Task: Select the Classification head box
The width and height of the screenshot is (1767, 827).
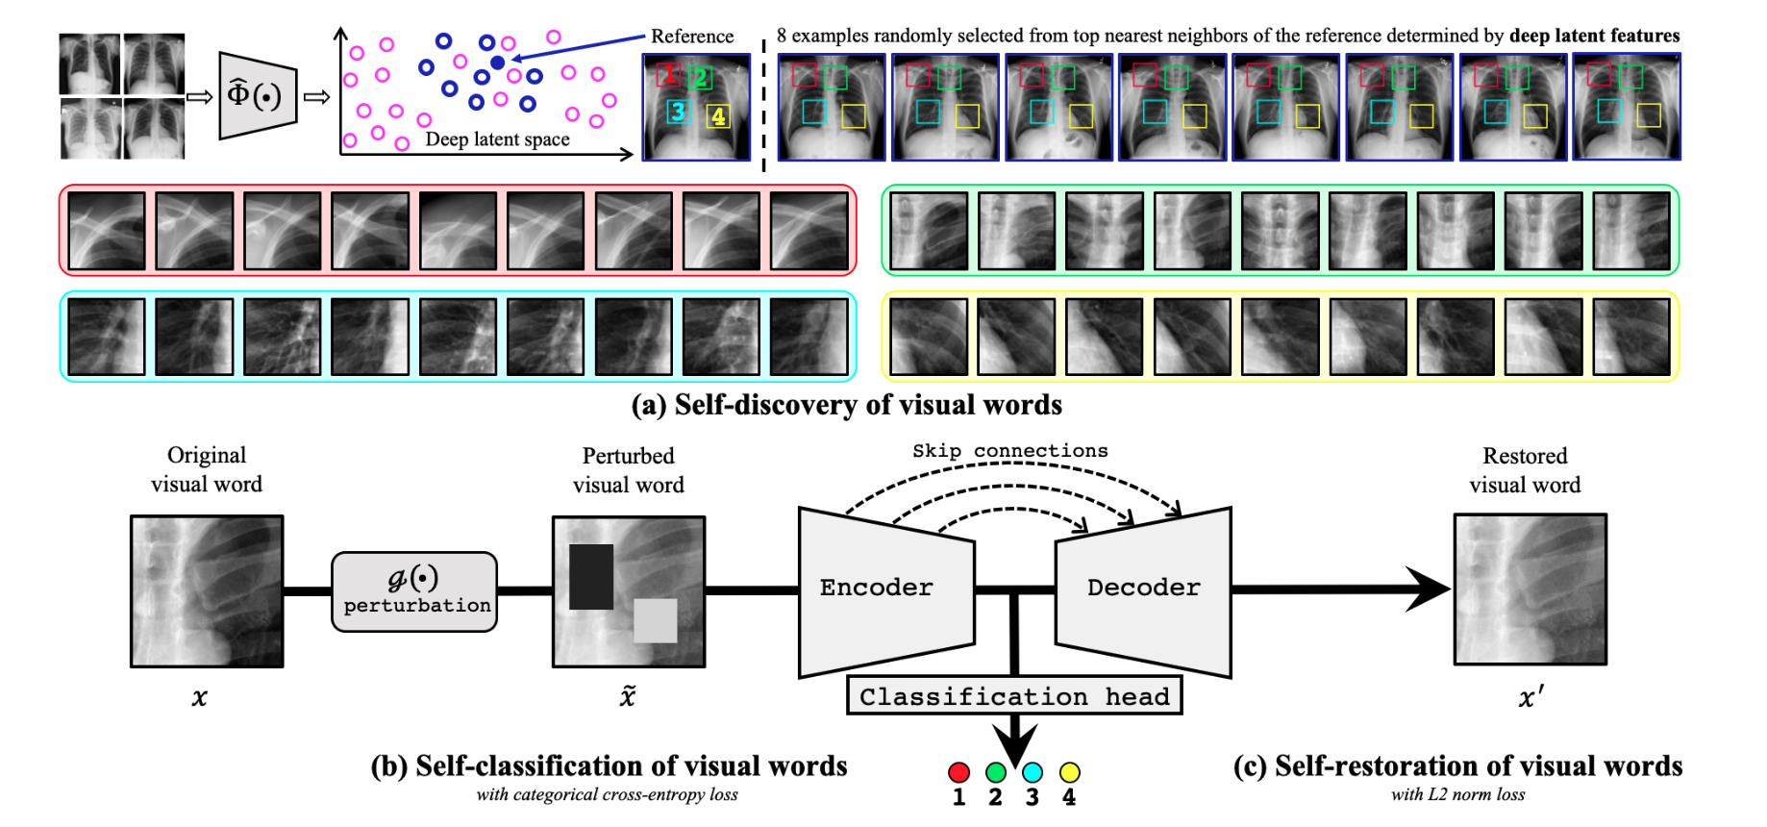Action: [1014, 696]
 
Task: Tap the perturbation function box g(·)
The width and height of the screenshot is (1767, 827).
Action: [414, 591]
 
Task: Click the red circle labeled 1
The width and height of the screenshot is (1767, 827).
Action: [958, 772]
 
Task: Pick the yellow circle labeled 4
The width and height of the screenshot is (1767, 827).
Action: [1069, 772]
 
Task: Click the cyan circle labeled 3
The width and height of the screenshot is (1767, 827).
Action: [1033, 772]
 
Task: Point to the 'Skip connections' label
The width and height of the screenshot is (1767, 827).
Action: [1009, 451]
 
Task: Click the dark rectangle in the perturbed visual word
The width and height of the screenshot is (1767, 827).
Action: [591, 577]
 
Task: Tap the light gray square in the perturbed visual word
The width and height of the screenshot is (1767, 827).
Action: [655, 620]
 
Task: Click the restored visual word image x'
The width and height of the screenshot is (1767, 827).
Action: [1530, 589]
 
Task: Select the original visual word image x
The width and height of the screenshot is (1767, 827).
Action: [207, 591]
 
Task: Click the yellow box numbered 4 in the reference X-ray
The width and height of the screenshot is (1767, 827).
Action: [718, 116]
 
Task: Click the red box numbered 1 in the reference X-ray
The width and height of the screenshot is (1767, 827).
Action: [668, 74]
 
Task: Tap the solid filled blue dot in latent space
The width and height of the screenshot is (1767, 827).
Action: [497, 63]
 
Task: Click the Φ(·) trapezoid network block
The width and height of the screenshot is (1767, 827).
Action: [255, 95]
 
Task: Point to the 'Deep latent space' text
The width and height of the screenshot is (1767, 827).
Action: [497, 139]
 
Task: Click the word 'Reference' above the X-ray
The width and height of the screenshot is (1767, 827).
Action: [691, 37]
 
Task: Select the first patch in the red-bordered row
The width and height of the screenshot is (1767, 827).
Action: [107, 231]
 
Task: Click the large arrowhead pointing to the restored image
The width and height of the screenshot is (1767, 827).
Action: [1427, 589]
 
